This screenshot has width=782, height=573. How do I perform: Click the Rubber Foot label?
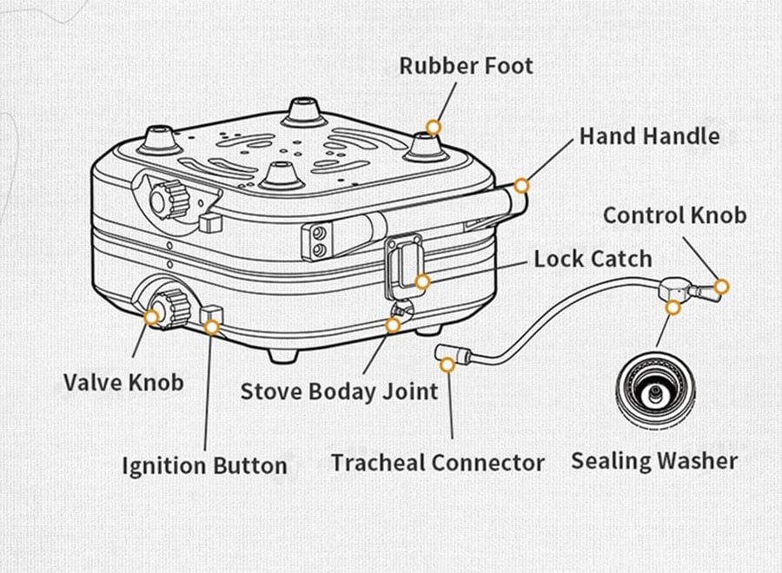[x=467, y=66]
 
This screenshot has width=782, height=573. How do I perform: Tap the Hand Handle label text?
[x=649, y=136]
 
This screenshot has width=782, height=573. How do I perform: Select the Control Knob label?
[x=674, y=214]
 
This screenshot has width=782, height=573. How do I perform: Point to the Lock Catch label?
[x=592, y=259]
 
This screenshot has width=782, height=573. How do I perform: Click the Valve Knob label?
[x=123, y=381]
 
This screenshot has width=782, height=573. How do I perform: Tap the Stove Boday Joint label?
[x=339, y=392]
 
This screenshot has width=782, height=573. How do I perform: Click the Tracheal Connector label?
[x=437, y=462]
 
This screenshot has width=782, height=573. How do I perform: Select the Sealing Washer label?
[x=653, y=460]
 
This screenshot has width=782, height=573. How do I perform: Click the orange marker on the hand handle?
[x=521, y=185]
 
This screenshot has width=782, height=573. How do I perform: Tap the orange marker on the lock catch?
[x=422, y=281]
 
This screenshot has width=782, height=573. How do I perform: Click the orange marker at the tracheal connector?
[x=447, y=366]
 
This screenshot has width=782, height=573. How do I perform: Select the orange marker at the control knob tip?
[x=720, y=286]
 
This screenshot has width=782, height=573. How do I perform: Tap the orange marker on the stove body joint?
[x=393, y=326]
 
